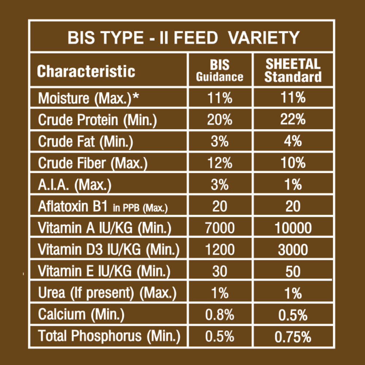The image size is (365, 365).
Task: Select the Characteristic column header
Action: [x=86, y=71]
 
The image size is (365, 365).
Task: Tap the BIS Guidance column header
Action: [x=220, y=71]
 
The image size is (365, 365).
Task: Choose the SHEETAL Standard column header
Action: [x=293, y=71]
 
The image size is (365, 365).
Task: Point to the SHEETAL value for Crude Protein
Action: [x=293, y=120]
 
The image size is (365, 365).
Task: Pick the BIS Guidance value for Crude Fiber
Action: [x=220, y=163]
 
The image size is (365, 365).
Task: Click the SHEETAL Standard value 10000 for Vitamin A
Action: [x=293, y=228]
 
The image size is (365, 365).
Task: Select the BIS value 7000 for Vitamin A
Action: [x=220, y=228]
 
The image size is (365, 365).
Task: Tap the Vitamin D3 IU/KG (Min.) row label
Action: [x=109, y=250]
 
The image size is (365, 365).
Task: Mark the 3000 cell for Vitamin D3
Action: [x=293, y=250]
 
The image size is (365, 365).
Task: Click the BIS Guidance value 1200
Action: [x=220, y=250]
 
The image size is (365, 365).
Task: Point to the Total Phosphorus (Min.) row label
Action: [x=109, y=336]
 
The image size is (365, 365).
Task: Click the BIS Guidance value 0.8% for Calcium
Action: [x=220, y=315]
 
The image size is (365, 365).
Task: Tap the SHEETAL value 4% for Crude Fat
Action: [x=293, y=142]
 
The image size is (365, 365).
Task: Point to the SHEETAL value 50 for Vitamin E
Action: [x=293, y=272]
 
